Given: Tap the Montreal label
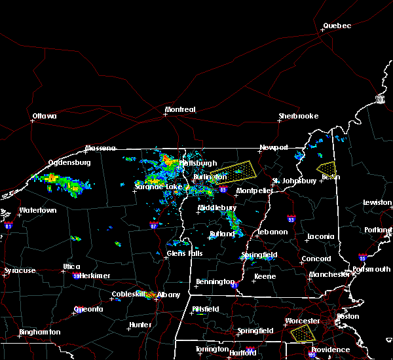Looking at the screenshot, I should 180,109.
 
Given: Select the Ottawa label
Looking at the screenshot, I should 45,117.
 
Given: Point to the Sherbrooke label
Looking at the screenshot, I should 298,116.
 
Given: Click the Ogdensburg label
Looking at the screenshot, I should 69,162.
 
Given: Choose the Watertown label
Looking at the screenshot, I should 38,211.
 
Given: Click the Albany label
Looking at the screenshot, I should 168,295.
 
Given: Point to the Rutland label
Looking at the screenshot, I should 222,234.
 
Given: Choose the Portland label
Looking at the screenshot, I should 381,230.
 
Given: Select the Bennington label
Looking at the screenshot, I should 215,282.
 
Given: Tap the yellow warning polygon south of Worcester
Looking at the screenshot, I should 302,334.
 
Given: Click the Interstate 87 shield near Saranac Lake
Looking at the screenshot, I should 153,225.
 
